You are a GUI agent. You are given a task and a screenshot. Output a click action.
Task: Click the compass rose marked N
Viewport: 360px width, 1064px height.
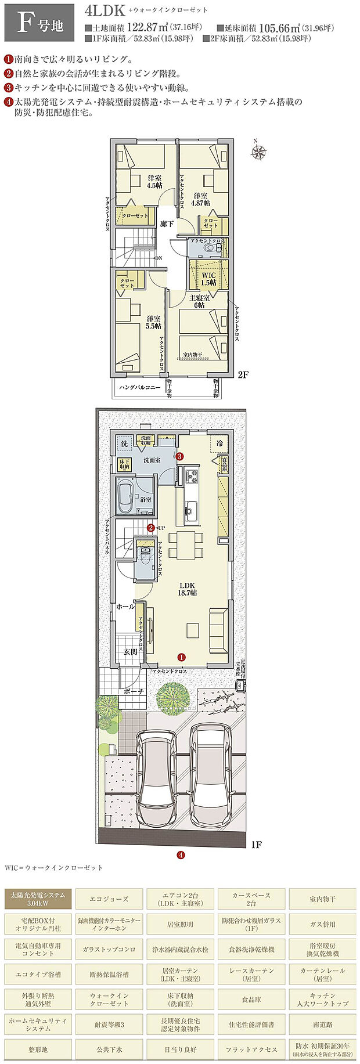click(x=258, y=152)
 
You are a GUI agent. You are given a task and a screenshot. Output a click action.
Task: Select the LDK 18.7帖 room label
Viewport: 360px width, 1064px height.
click(x=187, y=589)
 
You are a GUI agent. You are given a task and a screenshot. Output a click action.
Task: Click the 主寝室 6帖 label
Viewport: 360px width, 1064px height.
click(x=197, y=301)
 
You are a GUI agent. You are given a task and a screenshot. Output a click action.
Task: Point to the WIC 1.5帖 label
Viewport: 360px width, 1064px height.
click(x=208, y=279)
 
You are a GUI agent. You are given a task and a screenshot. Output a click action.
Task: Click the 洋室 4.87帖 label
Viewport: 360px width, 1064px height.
click(x=201, y=199)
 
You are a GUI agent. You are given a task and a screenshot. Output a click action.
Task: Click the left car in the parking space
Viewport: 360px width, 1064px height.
click(x=157, y=769)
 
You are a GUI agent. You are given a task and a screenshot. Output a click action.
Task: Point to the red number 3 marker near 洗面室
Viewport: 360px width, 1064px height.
click(x=180, y=456)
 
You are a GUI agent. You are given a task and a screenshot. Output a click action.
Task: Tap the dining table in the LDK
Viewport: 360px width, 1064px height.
click(x=187, y=545)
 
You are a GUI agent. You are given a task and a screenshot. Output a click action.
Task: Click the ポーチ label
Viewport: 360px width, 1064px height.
click(x=134, y=692)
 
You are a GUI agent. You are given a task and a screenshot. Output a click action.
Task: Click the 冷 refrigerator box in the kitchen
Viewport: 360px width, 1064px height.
click(x=219, y=443)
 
